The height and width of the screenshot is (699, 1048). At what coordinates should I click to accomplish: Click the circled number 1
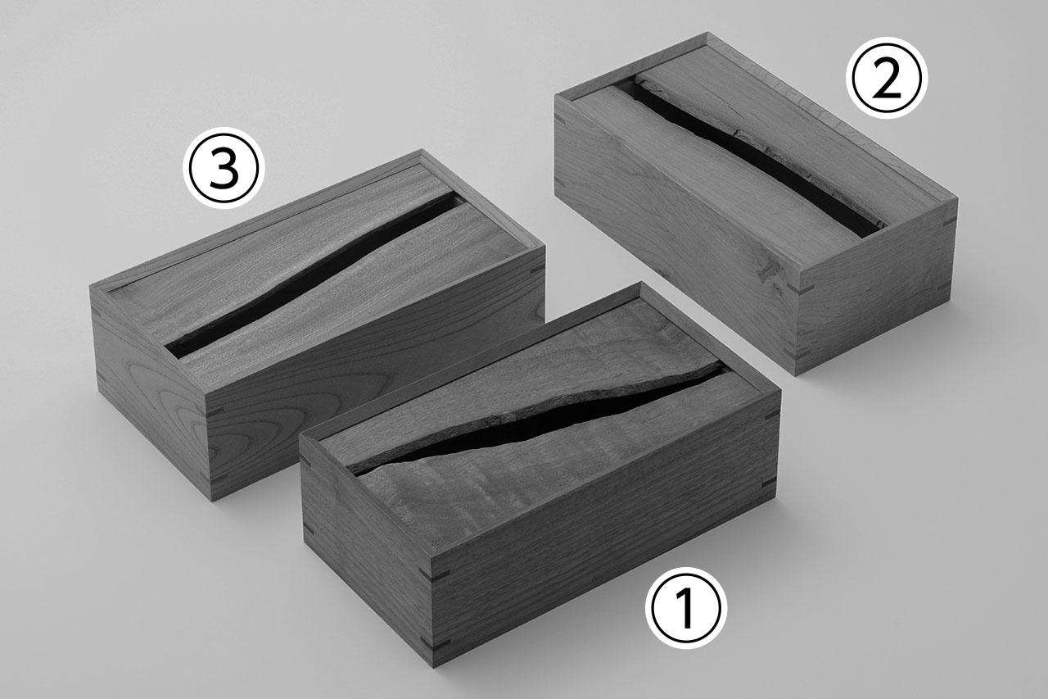pos(685,608)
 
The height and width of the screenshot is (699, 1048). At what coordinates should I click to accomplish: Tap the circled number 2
pos(886,78)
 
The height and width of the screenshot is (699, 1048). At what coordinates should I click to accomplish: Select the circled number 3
pos(224,169)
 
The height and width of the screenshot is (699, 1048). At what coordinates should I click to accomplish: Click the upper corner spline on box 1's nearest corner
pos(434,573)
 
